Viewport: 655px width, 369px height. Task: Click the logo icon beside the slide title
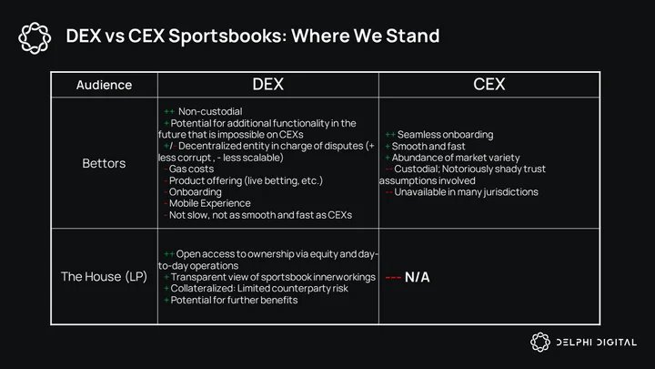coord(35,38)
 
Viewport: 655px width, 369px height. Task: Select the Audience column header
coord(104,85)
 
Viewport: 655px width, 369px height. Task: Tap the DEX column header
coord(267,85)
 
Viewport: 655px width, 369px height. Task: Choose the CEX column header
coord(489,85)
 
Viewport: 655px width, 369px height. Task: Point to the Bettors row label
coord(104,163)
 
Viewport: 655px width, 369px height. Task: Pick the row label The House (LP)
coord(104,277)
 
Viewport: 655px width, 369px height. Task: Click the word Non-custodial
coord(210,111)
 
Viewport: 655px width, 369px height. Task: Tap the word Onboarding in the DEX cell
coord(195,192)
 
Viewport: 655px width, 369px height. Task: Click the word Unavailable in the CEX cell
coord(420,192)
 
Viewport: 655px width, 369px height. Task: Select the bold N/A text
coord(417,277)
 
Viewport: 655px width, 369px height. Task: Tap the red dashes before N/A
coord(393,277)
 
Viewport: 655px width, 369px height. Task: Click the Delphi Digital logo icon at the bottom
coord(540,343)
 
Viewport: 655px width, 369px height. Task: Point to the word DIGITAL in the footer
coord(617,343)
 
